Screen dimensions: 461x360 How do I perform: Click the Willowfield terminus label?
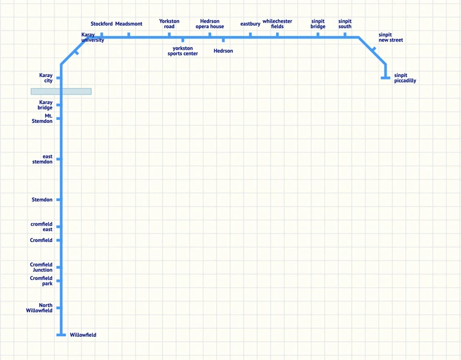(x=83, y=335)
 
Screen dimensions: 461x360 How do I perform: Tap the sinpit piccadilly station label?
(x=405, y=78)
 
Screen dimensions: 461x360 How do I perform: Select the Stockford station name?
(x=101, y=24)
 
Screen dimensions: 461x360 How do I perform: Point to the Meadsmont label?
(x=129, y=24)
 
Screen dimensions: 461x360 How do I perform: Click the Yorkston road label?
(x=169, y=24)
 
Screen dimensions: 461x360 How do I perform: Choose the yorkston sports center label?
(x=183, y=51)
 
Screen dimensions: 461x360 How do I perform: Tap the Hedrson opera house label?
(x=209, y=24)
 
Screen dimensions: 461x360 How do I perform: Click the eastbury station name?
(x=250, y=24)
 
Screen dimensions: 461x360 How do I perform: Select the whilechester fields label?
(x=277, y=24)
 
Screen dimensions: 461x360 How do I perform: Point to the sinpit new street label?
(x=391, y=37)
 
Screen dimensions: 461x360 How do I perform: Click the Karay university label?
(x=93, y=37)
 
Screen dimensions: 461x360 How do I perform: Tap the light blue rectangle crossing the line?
(x=61, y=92)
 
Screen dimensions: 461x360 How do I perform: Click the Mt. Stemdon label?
(x=42, y=119)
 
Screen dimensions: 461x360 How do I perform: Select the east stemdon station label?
(x=42, y=160)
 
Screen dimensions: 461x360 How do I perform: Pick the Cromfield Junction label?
(x=41, y=267)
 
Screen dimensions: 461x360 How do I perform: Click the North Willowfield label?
(x=39, y=308)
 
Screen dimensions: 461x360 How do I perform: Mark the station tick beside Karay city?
(x=59, y=78)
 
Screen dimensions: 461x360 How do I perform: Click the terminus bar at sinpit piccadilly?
(x=385, y=78)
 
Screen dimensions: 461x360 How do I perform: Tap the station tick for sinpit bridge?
(x=318, y=35)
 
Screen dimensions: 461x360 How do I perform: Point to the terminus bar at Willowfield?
(x=61, y=335)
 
